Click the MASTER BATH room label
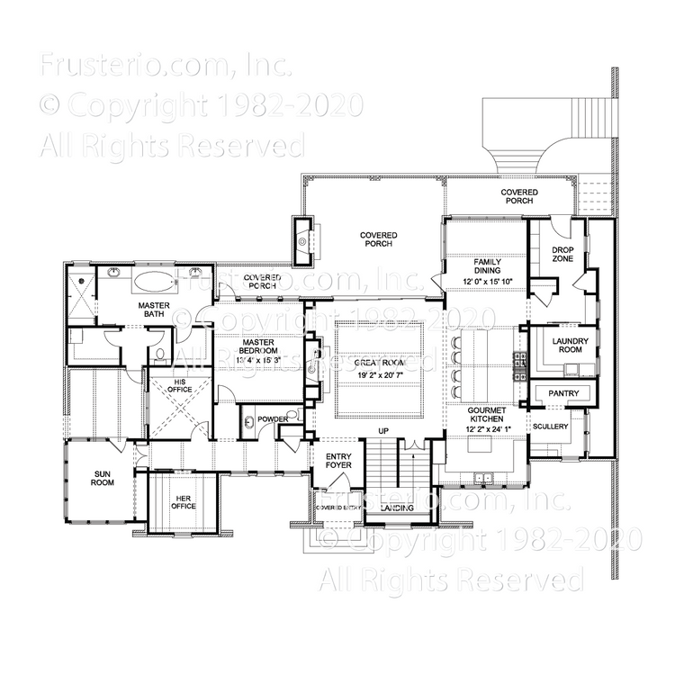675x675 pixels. tap(155, 310)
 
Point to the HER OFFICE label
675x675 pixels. tap(184, 500)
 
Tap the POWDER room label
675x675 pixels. tap(273, 419)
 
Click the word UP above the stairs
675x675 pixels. tap(382, 432)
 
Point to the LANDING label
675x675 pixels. tap(397, 508)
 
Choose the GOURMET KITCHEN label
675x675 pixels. tap(487, 416)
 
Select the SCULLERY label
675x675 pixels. tap(550, 426)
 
